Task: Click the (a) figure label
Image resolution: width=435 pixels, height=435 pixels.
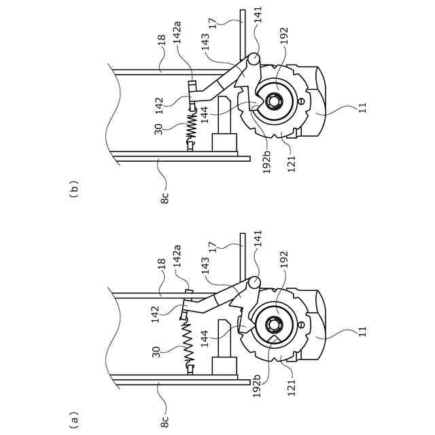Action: [x=74, y=419]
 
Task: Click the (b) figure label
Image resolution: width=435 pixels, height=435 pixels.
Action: [x=74, y=189]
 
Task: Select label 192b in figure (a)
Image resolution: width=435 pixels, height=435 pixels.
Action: [x=257, y=385]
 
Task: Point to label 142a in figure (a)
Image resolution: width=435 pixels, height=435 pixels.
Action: [x=177, y=256]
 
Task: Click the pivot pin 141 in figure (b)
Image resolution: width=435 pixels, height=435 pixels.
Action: [x=254, y=59]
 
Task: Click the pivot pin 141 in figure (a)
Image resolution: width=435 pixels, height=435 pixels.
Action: [x=254, y=283]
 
